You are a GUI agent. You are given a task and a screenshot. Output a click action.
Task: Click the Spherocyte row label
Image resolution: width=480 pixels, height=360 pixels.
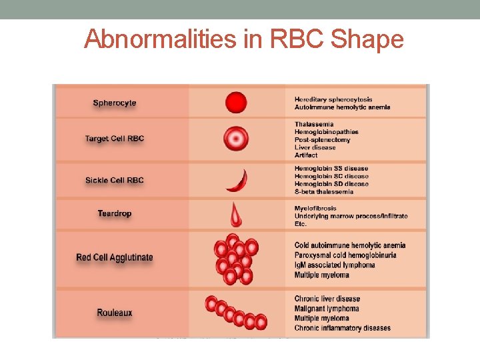click(x=115, y=103)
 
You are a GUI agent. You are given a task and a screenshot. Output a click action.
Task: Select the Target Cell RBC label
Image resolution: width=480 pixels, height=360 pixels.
click(x=115, y=139)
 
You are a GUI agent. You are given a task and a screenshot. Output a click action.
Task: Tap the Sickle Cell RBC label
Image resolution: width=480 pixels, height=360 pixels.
click(x=115, y=180)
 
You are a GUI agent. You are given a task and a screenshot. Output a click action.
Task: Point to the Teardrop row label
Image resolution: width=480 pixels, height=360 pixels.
click(x=115, y=213)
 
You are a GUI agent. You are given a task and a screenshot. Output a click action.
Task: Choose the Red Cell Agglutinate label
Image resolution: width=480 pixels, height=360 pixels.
click(x=115, y=257)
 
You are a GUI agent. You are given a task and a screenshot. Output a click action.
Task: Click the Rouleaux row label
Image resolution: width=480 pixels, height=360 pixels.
click(x=115, y=313)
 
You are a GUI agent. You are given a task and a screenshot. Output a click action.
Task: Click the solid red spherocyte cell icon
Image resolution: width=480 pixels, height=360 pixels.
click(x=236, y=103)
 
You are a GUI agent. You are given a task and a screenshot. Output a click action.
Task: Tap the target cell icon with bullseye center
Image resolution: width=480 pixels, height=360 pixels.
click(x=236, y=139)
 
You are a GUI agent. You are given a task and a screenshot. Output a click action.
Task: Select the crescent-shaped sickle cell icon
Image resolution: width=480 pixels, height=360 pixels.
click(x=237, y=181)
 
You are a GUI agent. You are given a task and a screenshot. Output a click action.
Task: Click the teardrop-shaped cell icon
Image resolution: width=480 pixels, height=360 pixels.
click(x=236, y=215)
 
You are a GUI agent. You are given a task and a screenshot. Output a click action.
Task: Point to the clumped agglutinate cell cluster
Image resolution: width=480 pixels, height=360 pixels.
click(x=235, y=259)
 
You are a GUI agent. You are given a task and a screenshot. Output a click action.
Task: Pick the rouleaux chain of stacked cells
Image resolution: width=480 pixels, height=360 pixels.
click(x=236, y=313)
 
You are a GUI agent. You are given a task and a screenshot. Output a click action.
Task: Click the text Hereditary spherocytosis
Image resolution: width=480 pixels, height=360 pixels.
click(x=333, y=99)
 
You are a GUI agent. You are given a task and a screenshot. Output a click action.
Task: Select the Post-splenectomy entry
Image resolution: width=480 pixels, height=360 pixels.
click(x=322, y=139)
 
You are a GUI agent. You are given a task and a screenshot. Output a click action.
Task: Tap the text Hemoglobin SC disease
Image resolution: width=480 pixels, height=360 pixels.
click(x=331, y=176)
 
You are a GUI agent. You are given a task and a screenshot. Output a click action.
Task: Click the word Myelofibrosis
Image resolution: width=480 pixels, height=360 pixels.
click(x=315, y=208)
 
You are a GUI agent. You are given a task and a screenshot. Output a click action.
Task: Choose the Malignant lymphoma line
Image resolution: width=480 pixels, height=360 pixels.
click(x=327, y=309)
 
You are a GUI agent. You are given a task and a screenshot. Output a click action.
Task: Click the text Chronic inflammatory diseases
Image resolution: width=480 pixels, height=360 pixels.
click(x=343, y=327)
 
